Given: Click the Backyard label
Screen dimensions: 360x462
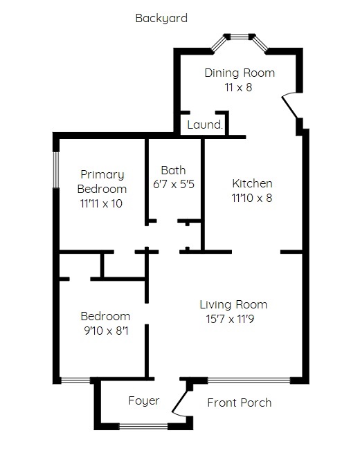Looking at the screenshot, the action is pyautogui.click(x=161, y=18).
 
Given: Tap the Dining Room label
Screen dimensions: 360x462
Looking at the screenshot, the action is pyautogui.click(x=240, y=73).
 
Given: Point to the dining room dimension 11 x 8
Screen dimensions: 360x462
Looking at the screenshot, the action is pyautogui.click(x=238, y=88).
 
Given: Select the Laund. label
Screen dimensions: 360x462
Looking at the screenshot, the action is pyautogui.click(x=205, y=124).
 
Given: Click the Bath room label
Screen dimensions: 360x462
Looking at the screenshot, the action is pyautogui.click(x=173, y=170).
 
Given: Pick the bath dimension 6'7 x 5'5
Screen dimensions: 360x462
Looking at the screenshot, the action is pyautogui.click(x=174, y=185).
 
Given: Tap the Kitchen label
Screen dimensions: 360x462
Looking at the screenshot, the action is pyautogui.click(x=252, y=183).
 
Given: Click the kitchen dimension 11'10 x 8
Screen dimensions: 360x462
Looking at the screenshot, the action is pyautogui.click(x=252, y=198).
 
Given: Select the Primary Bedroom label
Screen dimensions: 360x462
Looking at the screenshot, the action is pyautogui.click(x=102, y=181).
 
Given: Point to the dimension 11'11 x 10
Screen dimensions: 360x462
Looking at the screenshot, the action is pyautogui.click(x=101, y=203).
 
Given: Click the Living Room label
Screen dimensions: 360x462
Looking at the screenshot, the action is pyautogui.click(x=233, y=305).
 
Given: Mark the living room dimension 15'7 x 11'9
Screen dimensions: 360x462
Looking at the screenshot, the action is pyautogui.click(x=230, y=319).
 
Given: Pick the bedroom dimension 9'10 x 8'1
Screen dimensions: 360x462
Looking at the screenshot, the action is pyautogui.click(x=106, y=331).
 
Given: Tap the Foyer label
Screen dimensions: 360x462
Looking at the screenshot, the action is pyautogui.click(x=144, y=400).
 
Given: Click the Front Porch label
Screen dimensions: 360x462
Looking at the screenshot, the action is pyautogui.click(x=239, y=403).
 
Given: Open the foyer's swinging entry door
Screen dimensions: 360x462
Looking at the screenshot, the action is pyautogui.click(x=179, y=400).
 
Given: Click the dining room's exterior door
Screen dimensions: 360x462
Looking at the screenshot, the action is pyautogui.click(x=289, y=107).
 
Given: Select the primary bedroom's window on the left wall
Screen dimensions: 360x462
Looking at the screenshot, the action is pyautogui.click(x=55, y=169).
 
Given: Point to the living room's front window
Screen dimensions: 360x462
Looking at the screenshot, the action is pyautogui.click(x=249, y=380).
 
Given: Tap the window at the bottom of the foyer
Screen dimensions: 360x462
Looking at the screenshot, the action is pyautogui.click(x=143, y=426).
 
